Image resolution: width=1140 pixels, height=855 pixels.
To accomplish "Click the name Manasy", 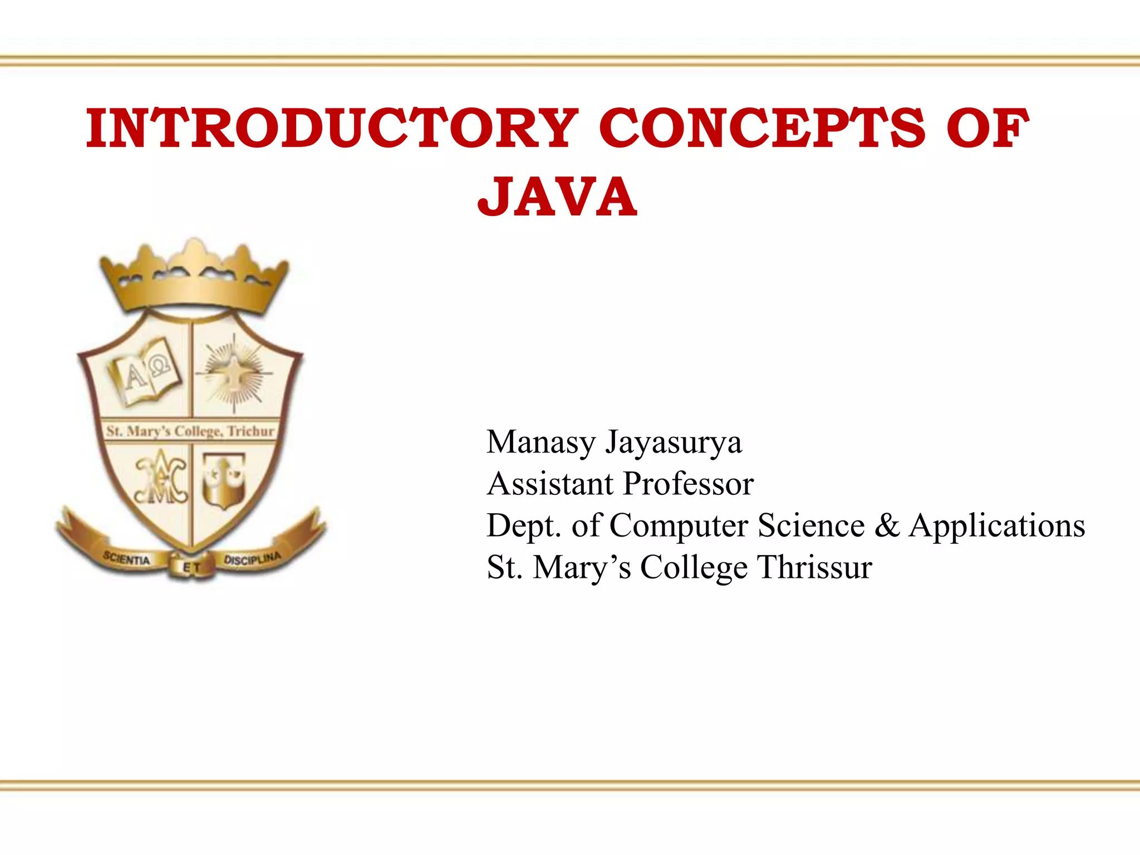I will coord(541,443).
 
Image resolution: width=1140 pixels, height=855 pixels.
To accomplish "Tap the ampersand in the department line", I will coord(887,525).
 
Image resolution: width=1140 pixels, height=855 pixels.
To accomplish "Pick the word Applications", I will coord(996,525).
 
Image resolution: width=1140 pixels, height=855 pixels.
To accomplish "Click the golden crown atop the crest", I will coord(194,278).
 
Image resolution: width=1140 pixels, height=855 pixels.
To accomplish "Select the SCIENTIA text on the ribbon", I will coord(126,558).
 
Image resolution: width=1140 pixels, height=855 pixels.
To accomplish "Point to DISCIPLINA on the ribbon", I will coord(252,558).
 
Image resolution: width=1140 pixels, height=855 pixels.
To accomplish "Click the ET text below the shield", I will coord(191,568).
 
